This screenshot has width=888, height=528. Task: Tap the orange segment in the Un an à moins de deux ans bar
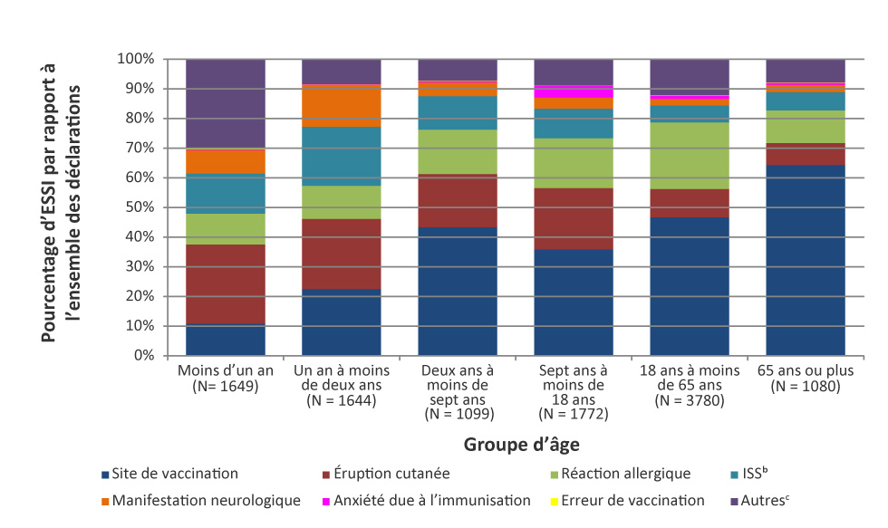[x=342, y=105]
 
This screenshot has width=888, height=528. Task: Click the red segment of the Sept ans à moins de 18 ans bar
[x=574, y=218]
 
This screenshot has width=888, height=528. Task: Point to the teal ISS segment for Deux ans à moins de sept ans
[x=458, y=112]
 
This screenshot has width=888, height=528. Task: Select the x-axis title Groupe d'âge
[x=522, y=445]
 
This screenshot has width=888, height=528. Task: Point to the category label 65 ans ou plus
[x=806, y=371]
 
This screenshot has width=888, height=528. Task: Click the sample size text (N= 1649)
[x=226, y=387]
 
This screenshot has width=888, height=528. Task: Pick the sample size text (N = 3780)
[x=690, y=401]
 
